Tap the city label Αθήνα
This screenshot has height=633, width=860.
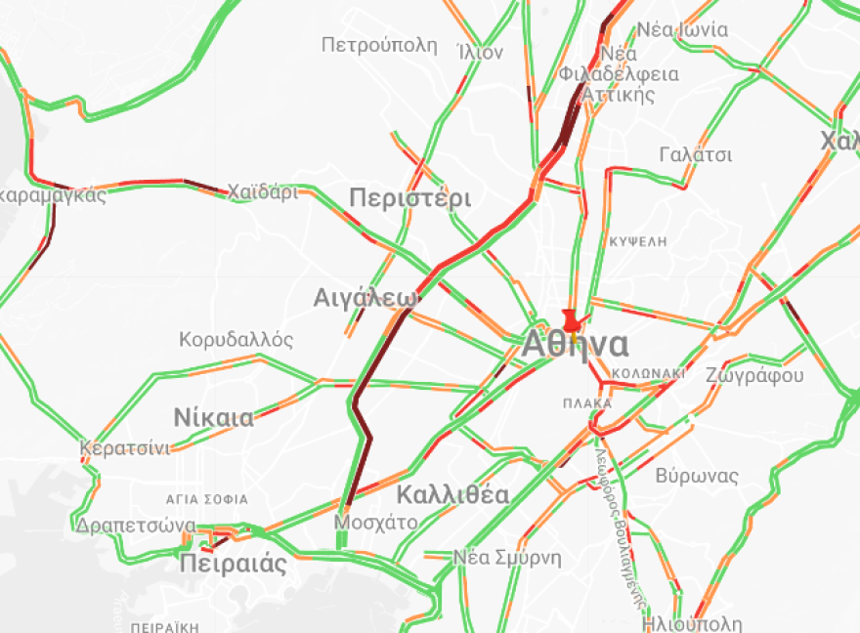tap(576, 345)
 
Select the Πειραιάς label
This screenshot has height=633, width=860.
tap(234, 564)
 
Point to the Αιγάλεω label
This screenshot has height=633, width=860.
tap(365, 298)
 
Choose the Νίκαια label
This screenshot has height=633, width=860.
tap(213, 418)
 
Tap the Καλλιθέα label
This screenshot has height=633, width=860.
tap(452, 494)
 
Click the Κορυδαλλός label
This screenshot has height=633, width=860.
tap(236, 340)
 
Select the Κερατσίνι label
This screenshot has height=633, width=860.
tap(125, 448)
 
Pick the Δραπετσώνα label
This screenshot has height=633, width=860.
tap(136, 526)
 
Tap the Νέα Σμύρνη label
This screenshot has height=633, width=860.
tap(507, 558)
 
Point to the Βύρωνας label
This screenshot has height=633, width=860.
tap(697, 476)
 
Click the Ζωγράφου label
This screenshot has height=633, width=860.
tap(753, 375)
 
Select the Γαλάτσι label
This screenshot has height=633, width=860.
tap(696, 154)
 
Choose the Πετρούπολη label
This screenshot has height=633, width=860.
tap(379, 44)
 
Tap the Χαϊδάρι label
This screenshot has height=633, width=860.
tap(263, 191)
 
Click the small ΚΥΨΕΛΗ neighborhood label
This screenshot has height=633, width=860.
tap(636, 239)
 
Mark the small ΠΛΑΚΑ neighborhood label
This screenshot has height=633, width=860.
tap(587, 402)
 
